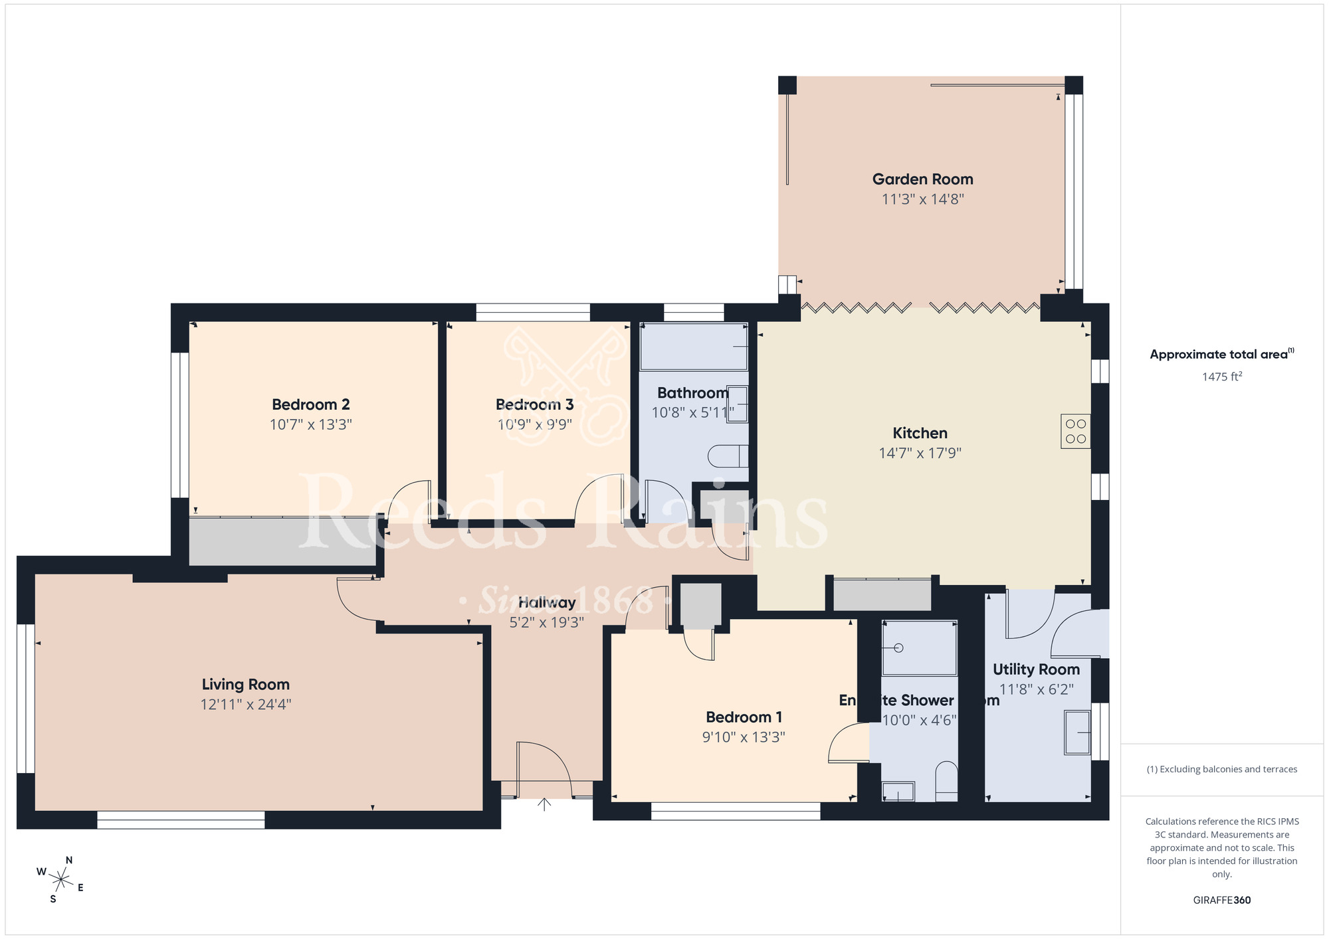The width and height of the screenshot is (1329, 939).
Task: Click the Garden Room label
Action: (x=922, y=179)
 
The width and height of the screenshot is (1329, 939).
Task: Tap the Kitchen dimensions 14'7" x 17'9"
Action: (x=920, y=454)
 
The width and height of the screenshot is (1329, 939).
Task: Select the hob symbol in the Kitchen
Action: (x=1075, y=431)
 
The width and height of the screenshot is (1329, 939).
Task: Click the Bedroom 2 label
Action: (x=310, y=404)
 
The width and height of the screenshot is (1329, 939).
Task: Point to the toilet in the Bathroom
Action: (x=728, y=456)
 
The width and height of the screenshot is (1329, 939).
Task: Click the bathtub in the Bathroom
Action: (x=694, y=347)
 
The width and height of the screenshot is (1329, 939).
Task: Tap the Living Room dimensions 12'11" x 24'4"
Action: (x=246, y=705)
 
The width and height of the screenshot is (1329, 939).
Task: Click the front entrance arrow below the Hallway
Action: (x=544, y=804)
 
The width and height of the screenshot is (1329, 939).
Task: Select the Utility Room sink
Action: (x=1077, y=732)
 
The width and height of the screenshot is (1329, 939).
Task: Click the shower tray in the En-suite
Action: (x=920, y=649)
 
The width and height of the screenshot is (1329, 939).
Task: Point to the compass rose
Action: (x=60, y=880)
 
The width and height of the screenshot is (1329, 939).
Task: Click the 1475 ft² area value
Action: (x=1221, y=377)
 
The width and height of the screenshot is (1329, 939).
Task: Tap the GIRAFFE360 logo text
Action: (x=1221, y=900)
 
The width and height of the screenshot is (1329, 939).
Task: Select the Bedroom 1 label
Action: (x=744, y=717)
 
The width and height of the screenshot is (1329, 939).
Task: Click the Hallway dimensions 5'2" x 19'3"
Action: (x=546, y=623)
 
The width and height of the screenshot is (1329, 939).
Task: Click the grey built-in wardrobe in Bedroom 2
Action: (x=282, y=542)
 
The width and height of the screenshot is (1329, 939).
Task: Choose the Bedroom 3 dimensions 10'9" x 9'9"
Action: (x=535, y=424)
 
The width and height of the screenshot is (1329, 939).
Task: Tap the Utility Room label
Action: (x=1036, y=669)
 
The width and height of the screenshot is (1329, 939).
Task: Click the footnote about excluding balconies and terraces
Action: (x=1221, y=770)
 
